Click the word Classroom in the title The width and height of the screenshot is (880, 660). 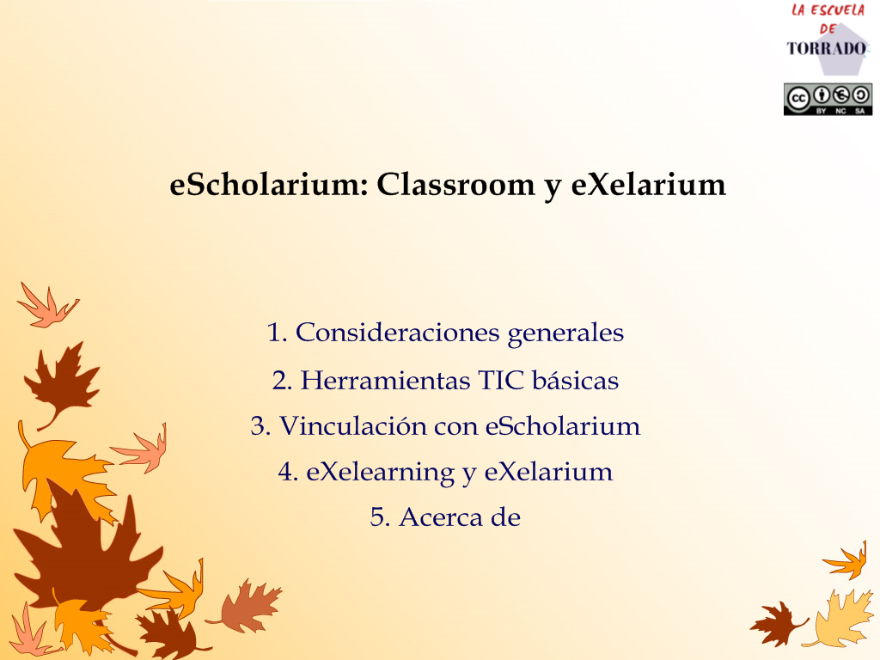coord(455,184)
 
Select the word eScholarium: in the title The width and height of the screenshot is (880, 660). coord(269,184)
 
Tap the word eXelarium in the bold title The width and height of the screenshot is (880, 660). coord(648,184)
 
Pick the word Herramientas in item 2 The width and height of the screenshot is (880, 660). coord(386,381)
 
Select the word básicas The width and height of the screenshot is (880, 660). coord(575,380)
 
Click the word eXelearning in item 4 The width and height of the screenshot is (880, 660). coord(380,473)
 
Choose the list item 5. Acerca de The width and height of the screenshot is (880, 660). coord(445,517)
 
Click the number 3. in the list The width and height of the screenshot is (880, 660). coord(261,426)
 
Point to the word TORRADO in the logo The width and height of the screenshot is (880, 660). coord(827,48)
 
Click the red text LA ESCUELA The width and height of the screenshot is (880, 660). coord(828,10)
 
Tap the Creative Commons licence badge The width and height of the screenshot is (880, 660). coord(828,100)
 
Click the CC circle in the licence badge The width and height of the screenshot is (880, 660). coord(797,100)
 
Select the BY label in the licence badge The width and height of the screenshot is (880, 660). coord(821,111)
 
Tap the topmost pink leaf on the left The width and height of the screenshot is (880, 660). coord(48,306)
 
